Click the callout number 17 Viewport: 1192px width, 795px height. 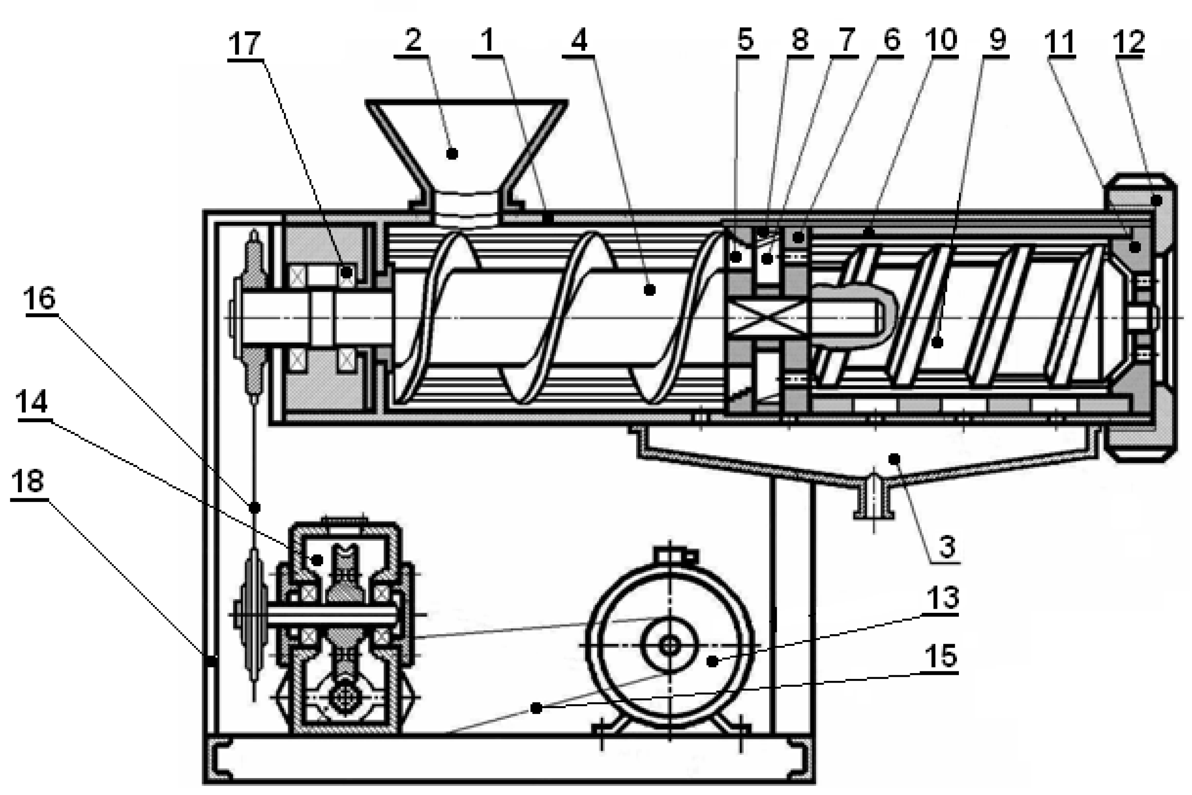pyautogui.click(x=245, y=44)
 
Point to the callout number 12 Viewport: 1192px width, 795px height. pyautogui.click(x=1129, y=42)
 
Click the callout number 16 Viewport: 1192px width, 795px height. pyautogui.click(x=40, y=299)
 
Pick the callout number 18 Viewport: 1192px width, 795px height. pyautogui.click(x=28, y=481)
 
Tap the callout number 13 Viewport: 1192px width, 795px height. pyautogui.click(x=942, y=597)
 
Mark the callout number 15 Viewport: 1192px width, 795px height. pyautogui.click(x=941, y=656)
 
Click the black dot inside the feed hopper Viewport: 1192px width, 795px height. pyautogui.click(x=452, y=154)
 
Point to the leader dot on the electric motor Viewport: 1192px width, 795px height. pyautogui.click(x=713, y=661)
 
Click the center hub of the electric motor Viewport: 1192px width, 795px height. pyautogui.click(x=670, y=645)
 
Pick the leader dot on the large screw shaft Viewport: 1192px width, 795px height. pyautogui.click(x=649, y=290)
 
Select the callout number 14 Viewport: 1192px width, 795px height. pyautogui.click(x=31, y=402)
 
